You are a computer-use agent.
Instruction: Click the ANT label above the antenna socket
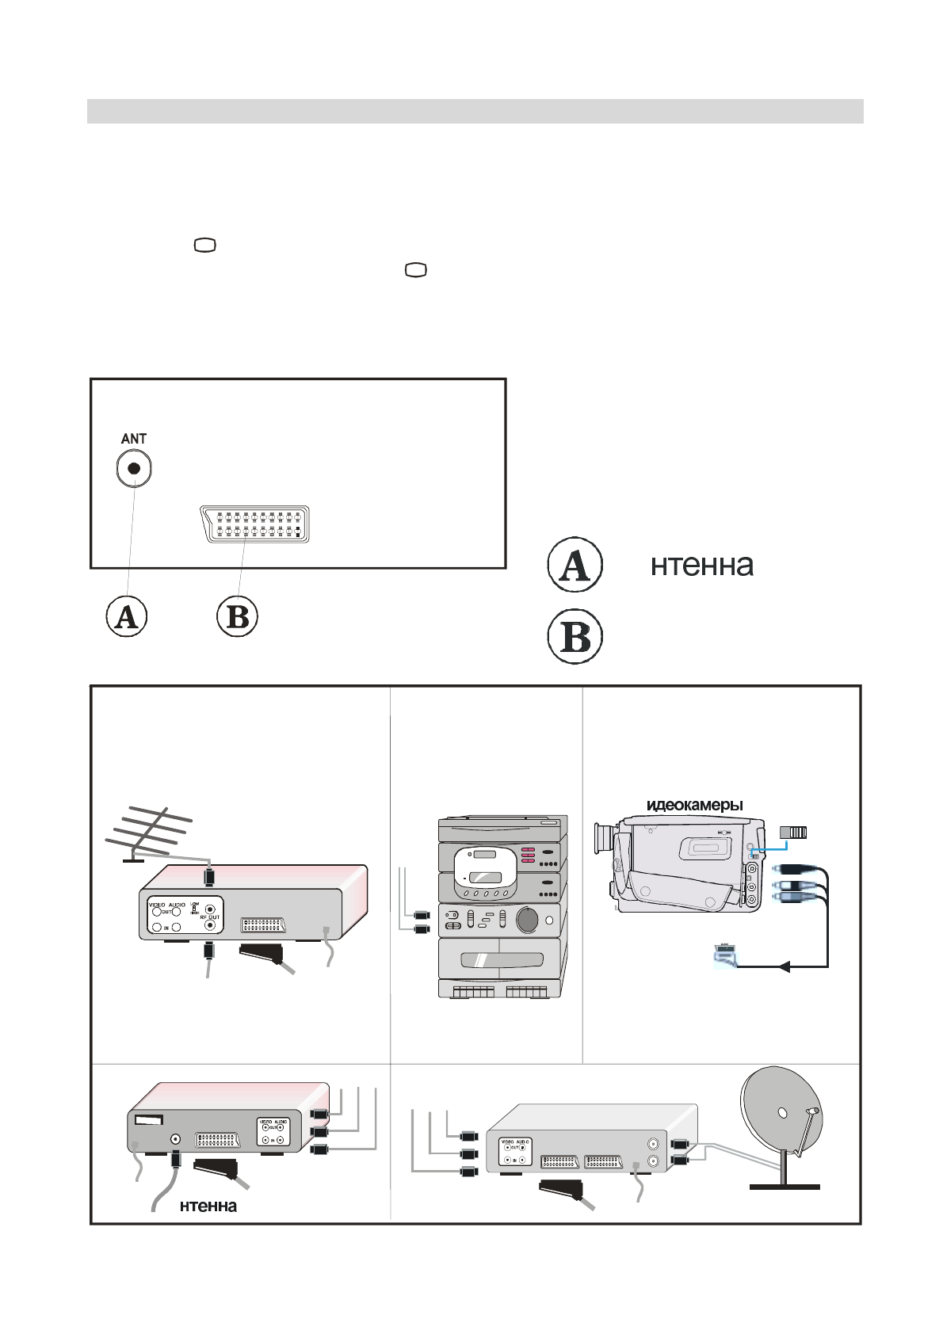[x=133, y=438]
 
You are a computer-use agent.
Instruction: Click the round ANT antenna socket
[x=134, y=468]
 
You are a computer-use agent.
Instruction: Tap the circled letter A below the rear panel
[x=127, y=616]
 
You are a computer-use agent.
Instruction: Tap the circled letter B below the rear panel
[x=238, y=616]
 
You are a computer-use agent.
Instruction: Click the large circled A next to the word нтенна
[x=575, y=565]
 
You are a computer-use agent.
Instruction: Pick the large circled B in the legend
[x=575, y=636]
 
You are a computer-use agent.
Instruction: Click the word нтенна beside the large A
[x=701, y=566]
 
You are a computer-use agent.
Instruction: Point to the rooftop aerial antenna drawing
[x=151, y=832]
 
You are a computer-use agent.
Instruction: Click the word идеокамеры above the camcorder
[x=695, y=805]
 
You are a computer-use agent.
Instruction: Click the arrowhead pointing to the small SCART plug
[x=784, y=966]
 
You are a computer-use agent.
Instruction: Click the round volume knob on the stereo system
[x=527, y=920]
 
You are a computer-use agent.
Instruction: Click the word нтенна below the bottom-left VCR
[x=208, y=1206]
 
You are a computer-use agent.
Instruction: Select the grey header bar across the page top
[x=475, y=111]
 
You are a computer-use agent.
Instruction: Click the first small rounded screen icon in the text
[x=204, y=246]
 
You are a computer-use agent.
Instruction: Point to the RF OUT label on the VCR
[x=210, y=917]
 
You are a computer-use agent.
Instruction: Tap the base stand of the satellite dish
[x=785, y=1186]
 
